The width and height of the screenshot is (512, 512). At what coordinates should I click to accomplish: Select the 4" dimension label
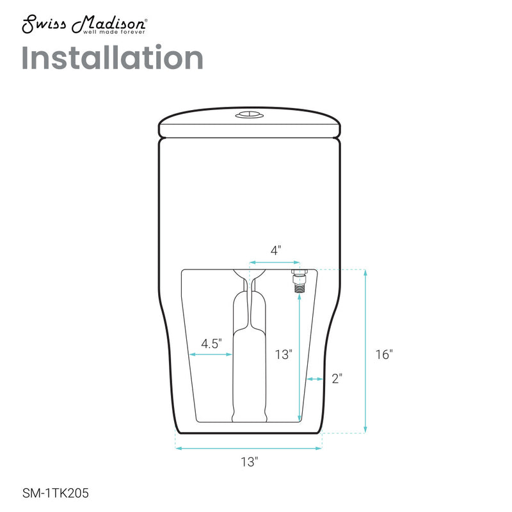tap(275, 251)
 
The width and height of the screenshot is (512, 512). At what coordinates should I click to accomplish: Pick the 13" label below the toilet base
tap(250, 461)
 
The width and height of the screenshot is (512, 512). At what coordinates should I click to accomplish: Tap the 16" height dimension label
tap(383, 354)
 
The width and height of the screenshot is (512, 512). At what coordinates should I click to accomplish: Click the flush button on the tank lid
tap(248, 116)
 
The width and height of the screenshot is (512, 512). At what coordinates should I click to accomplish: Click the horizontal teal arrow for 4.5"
tap(211, 354)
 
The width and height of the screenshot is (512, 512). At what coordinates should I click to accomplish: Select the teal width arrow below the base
tap(249, 449)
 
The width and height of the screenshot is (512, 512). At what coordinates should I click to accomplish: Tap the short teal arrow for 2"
tap(314, 380)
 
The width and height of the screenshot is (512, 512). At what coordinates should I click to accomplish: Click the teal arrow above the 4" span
tap(275, 262)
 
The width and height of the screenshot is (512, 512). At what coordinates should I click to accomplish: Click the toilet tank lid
tap(248, 124)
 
